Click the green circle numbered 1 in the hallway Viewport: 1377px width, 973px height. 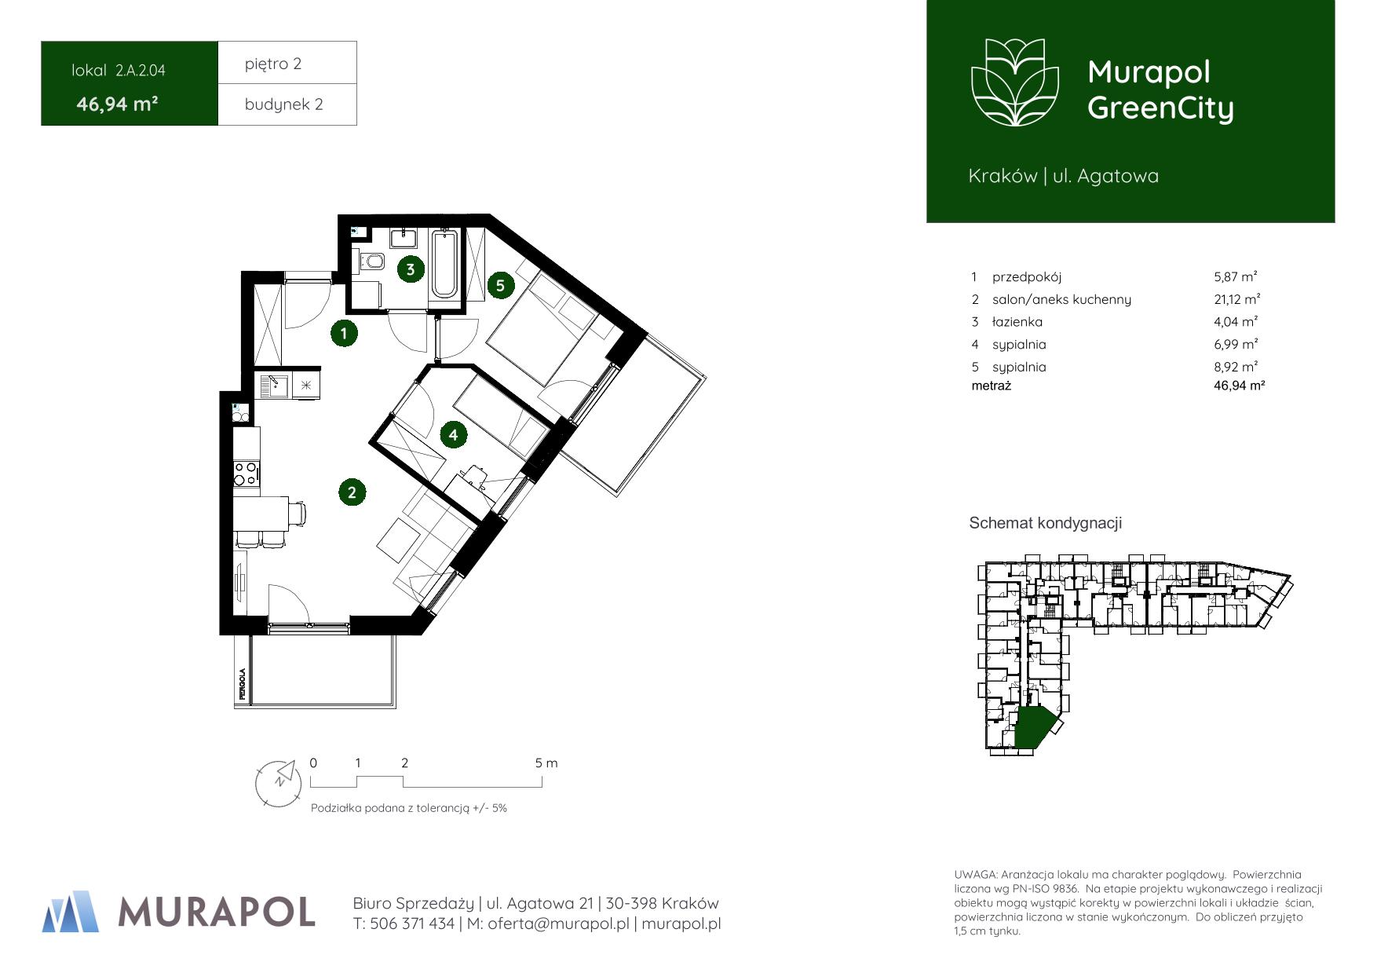coord(343,333)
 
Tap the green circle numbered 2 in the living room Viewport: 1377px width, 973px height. coord(352,492)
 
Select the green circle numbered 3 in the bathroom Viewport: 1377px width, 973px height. coord(410,269)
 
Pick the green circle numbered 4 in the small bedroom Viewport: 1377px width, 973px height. coord(453,434)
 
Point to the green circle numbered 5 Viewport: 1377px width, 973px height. coord(500,285)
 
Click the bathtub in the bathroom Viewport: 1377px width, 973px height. coord(444,264)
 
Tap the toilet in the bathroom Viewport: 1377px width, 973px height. coord(370,261)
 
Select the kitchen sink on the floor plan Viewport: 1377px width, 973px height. coord(274,386)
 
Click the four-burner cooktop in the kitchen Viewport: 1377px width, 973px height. coord(246,474)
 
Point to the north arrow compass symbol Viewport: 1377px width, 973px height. coord(279,782)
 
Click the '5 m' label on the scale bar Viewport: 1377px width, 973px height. coord(546,763)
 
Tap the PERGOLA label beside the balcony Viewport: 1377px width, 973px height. coord(243,684)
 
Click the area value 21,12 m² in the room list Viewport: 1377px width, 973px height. coord(1236,299)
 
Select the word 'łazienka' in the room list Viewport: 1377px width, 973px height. coord(1017,322)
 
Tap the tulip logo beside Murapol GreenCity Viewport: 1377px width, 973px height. coord(1015,82)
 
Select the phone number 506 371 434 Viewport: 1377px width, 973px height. coord(411,924)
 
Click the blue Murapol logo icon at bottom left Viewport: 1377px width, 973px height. coord(71,911)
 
